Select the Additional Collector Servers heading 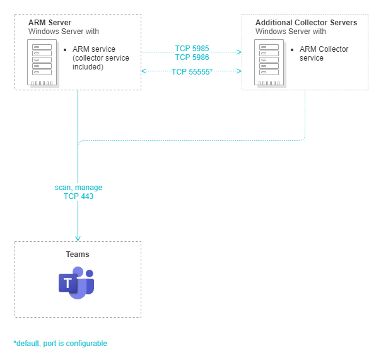[306, 23]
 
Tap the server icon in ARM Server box [44, 63]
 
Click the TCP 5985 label [192, 49]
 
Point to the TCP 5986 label [192, 57]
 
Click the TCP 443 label [78, 196]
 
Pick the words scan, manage [78, 188]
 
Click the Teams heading [78, 255]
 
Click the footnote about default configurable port [61, 344]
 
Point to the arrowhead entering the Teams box [78, 238]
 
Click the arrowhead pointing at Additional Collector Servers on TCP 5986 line [240, 52]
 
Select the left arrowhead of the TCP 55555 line [144, 71]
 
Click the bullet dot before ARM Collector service [293, 49]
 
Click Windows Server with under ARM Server [64, 31]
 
